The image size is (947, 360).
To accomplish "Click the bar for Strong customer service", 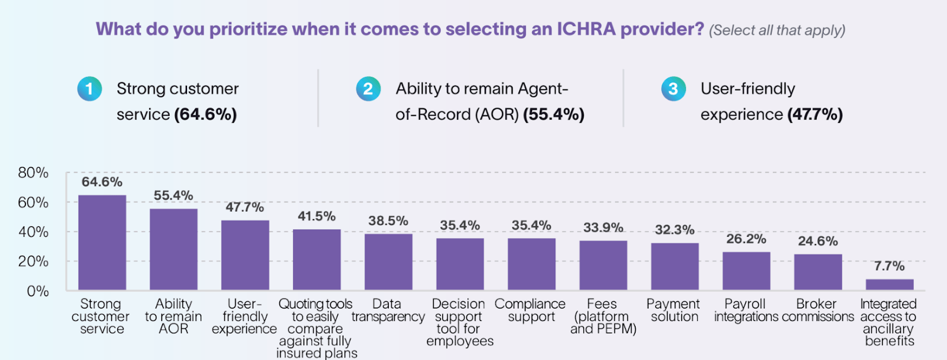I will [102, 243].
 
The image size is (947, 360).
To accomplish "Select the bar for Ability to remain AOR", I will [173, 249].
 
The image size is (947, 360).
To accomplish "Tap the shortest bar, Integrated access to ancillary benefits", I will [889, 284].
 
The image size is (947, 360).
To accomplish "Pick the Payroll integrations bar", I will [746, 271].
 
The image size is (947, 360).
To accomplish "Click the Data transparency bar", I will [388, 262].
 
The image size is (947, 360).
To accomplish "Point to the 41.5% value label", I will [317, 216].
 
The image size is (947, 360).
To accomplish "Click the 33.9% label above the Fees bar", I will [603, 227].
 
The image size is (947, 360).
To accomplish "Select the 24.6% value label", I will [817, 241].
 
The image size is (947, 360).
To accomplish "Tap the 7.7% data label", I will [889, 266].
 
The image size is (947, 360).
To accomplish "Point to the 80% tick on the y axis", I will [33, 173].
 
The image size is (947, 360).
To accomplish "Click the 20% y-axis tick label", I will [33, 261].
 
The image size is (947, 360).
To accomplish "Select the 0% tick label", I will [37, 291].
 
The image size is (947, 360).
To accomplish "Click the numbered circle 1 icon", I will [89, 89].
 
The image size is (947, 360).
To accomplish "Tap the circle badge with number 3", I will [673, 89].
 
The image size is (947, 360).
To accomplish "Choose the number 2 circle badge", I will [368, 89].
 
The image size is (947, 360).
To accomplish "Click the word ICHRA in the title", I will [586, 29].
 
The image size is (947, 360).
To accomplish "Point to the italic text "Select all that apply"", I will [777, 30].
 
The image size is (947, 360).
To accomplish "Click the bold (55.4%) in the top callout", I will [553, 114].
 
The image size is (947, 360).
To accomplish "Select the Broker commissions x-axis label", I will [817, 310].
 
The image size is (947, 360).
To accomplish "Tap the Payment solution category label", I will [674, 310].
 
